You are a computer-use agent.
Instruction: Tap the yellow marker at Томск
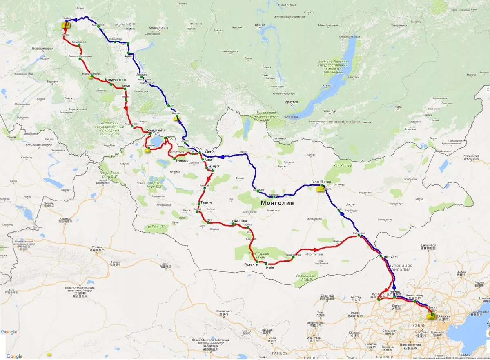click(65, 25)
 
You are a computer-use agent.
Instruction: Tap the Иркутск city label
click(292, 102)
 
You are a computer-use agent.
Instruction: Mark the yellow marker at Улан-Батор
click(321, 189)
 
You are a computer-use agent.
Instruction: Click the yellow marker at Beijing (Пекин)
click(430, 316)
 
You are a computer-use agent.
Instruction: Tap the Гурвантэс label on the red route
click(252, 264)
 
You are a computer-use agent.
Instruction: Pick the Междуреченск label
click(116, 80)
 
